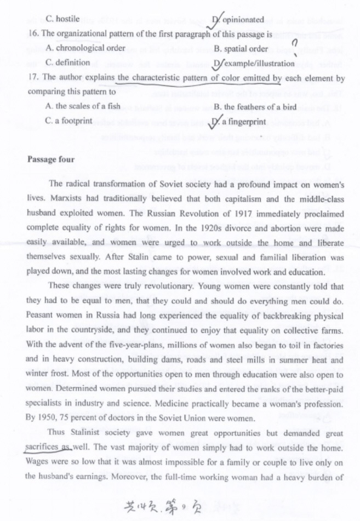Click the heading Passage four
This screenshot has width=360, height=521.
(50, 159)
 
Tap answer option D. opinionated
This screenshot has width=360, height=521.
(238, 20)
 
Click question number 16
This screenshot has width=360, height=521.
(32, 33)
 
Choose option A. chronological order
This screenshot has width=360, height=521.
(86, 48)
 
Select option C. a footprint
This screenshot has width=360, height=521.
(69, 121)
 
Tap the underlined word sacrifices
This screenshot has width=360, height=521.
(42, 447)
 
